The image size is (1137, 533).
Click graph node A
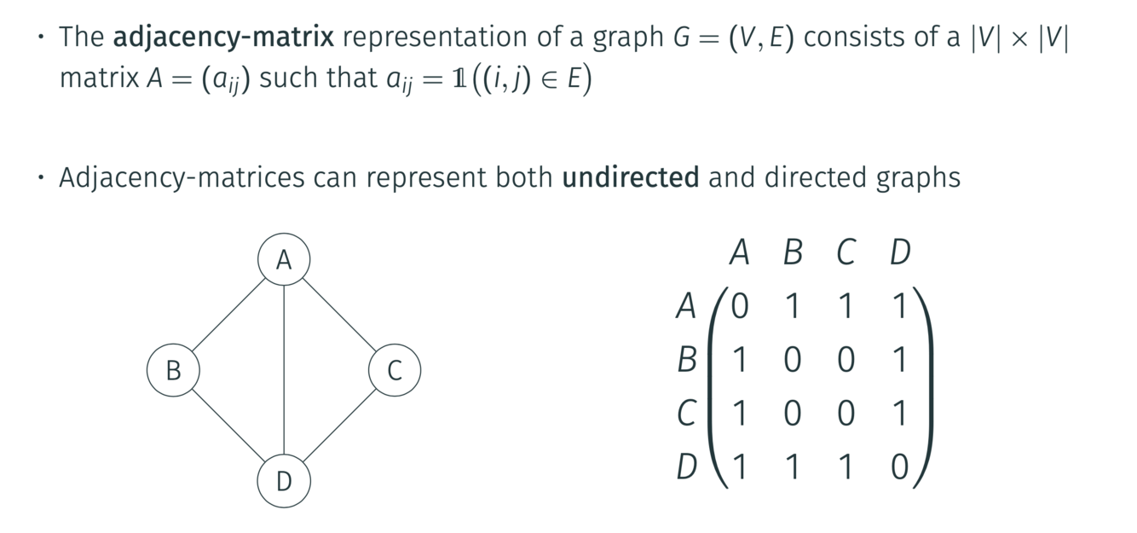click(x=284, y=259)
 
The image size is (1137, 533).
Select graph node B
click(x=173, y=371)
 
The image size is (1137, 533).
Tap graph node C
click(x=395, y=371)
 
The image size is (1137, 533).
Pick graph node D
click(x=284, y=482)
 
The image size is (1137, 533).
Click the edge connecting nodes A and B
click(x=228, y=315)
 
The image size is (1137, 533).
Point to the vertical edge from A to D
click(x=284, y=371)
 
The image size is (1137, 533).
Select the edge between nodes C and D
click(x=339, y=426)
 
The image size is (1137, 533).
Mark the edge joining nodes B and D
click(x=228, y=426)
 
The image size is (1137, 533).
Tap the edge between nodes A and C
click(x=339, y=315)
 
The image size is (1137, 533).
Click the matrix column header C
click(x=846, y=252)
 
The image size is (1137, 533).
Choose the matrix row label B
click(x=687, y=360)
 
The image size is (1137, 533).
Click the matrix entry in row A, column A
click(x=739, y=306)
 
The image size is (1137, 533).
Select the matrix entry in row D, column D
click(x=900, y=466)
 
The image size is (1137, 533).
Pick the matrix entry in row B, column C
click(x=846, y=360)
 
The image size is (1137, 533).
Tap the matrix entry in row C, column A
click(x=739, y=414)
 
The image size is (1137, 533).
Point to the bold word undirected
click(x=631, y=177)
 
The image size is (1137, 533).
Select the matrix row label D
click(x=687, y=466)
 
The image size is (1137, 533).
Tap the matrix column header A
click(x=739, y=252)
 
